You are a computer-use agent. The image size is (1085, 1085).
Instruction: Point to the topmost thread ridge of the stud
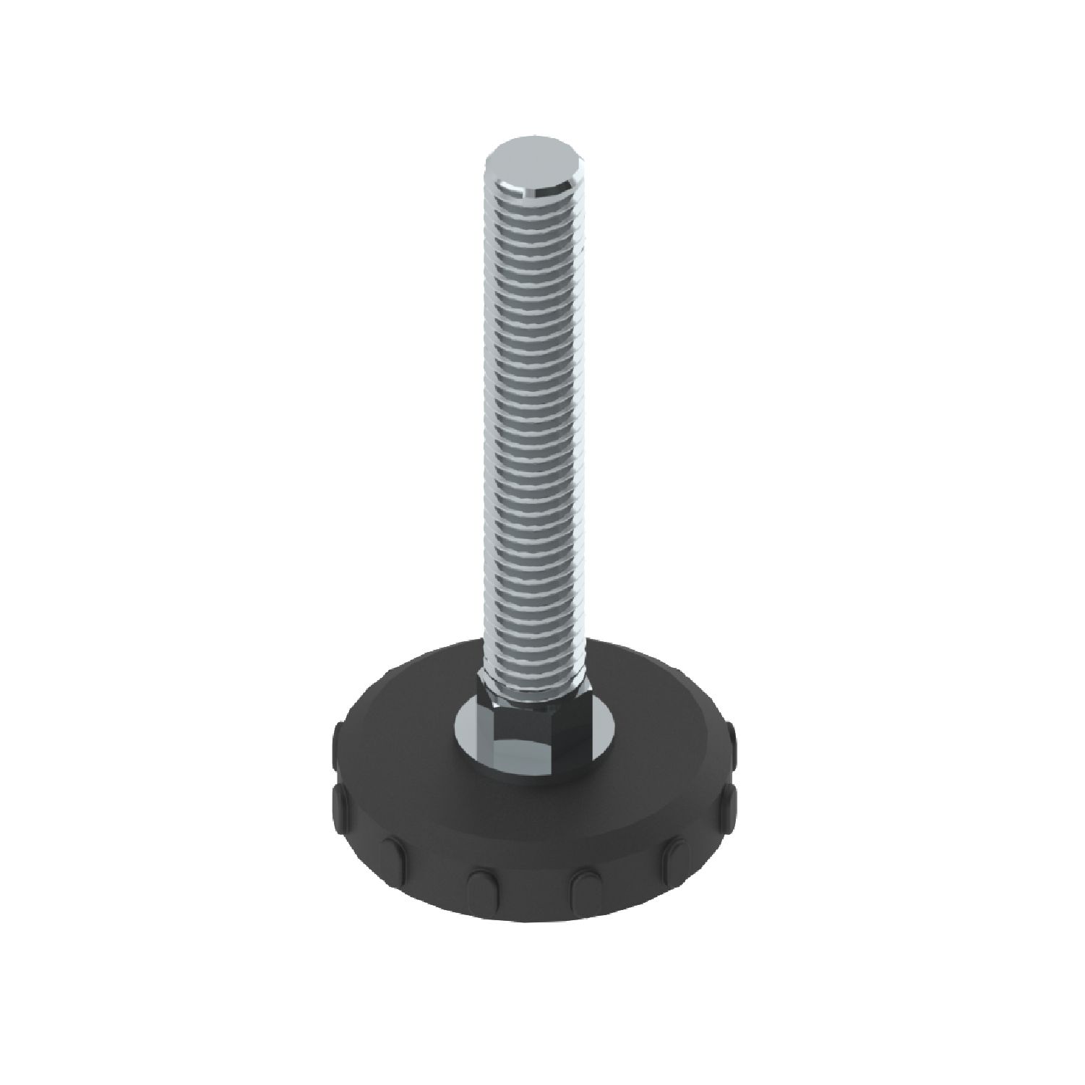pos(533,210)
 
